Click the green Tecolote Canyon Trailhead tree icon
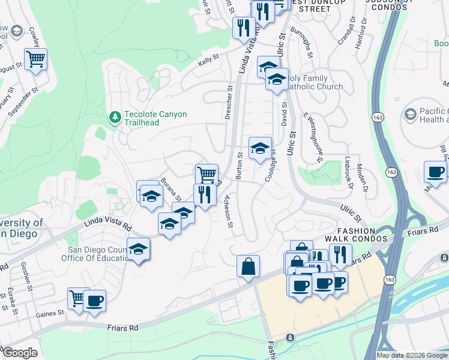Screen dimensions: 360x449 click(115, 116)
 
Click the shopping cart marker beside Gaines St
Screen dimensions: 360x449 click(78, 298)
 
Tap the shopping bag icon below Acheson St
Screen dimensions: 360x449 click(248, 266)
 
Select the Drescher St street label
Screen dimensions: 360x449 click(229, 101)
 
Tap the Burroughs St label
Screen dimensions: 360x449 click(302, 41)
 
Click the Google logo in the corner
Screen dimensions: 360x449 click(20, 353)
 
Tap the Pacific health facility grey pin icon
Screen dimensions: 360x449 click(411, 114)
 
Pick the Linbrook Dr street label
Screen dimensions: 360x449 click(348, 173)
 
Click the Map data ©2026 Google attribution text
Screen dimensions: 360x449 click(411, 355)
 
